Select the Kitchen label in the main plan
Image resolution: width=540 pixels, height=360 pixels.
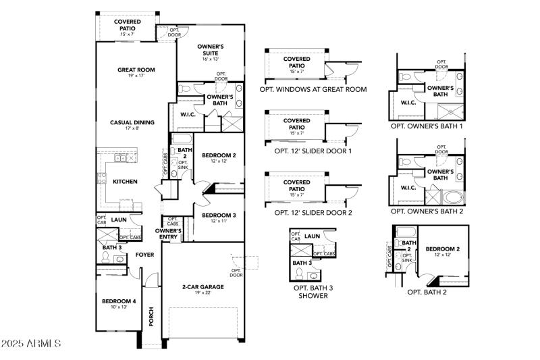(125, 182)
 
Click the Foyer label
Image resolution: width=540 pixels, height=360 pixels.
(144, 255)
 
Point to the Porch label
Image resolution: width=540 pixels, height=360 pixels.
(151, 317)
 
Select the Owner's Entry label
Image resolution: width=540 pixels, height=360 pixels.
(168, 234)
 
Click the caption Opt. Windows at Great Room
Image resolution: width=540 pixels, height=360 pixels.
(313, 89)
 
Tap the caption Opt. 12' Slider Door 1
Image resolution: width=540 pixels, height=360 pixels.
(313, 151)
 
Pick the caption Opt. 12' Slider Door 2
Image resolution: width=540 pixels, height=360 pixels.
(313, 212)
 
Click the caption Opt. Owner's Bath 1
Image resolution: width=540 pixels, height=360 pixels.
(427, 126)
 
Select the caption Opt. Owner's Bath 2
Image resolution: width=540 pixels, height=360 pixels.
(427, 211)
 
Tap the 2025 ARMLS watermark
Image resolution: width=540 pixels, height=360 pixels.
(32, 344)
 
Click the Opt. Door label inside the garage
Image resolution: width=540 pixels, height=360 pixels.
(236, 272)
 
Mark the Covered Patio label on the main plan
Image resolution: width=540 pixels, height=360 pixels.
(128, 25)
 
